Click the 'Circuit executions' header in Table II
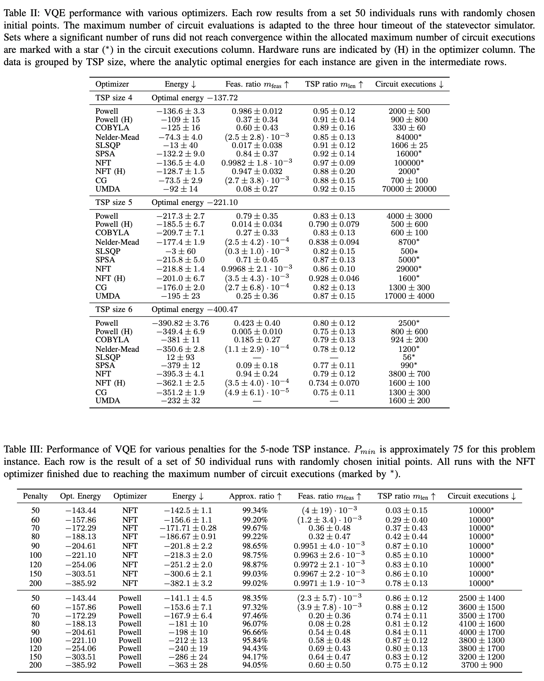click(409, 84)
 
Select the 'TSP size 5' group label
click(114, 202)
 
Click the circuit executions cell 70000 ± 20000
click(409, 189)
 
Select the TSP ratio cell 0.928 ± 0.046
click(334, 278)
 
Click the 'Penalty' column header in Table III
click(35, 496)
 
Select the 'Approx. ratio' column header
click(255, 496)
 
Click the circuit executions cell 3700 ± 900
click(482, 665)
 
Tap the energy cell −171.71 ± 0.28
click(188, 528)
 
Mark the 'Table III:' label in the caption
click(23, 449)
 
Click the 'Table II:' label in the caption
click(21, 13)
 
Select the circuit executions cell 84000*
click(409, 137)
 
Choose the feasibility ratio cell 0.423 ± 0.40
click(257, 323)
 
